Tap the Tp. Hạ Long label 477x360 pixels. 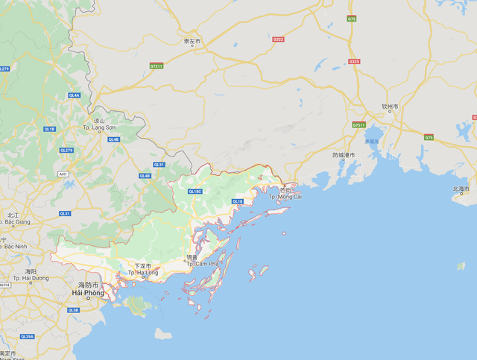(142, 273)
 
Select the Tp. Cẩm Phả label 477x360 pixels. (202, 264)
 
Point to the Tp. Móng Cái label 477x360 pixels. (285, 197)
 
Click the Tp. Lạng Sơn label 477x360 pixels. (98, 127)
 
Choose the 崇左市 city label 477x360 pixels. (192, 42)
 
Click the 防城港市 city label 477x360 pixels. (344, 155)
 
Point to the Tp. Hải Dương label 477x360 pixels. (33, 278)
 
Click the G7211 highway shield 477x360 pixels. (157, 66)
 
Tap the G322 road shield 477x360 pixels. (278, 39)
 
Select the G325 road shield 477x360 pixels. (354, 61)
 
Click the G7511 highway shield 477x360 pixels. (359, 124)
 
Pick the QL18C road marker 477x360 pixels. (195, 192)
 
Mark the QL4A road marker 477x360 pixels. (74, 95)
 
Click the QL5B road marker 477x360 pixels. (72, 309)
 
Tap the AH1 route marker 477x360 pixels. (63, 174)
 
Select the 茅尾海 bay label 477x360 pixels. (371, 141)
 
